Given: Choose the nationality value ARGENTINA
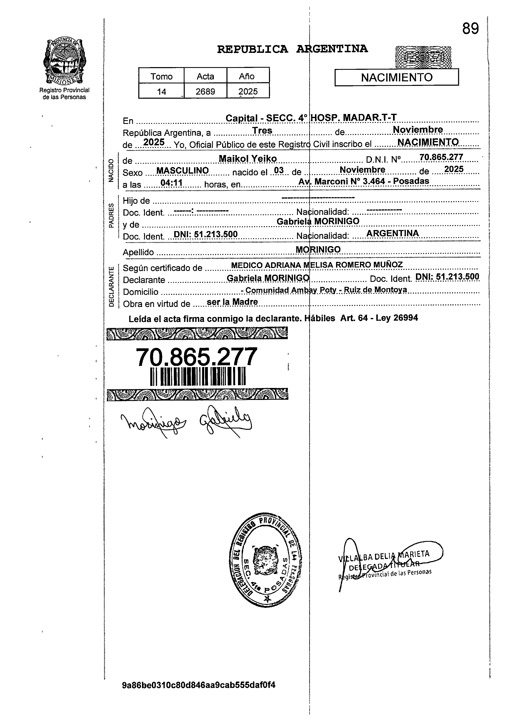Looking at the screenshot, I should pos(392,233).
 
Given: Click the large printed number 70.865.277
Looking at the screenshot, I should pos(196,357).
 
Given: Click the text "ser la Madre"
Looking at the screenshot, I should pos(232,302).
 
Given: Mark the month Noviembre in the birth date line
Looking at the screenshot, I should pos(362,170).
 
